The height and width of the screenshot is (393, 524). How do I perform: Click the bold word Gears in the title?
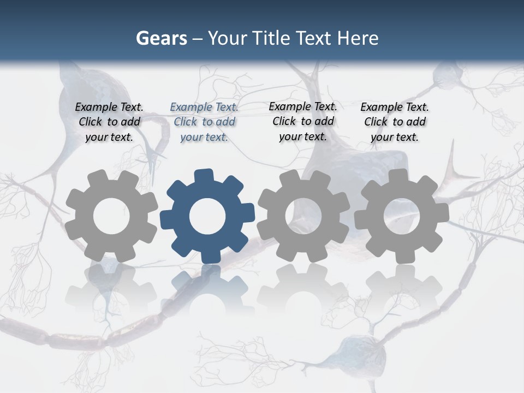[x=161, y=38]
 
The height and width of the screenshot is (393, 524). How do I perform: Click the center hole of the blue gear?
[x=207, y=216]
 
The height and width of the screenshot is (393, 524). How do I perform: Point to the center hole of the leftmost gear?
[x=111, y=216]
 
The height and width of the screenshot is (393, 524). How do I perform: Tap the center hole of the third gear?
[x=303, y=216]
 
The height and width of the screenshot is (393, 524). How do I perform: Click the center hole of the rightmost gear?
[x=402, y=216]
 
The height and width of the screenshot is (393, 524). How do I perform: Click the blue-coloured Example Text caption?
[x=204, y=122]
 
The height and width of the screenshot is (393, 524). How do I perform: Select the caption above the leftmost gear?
[x=109, y=122]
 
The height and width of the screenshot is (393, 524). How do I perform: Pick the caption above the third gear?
[x=303, y=121]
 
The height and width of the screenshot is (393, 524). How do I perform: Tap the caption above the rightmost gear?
[x=395, y=122]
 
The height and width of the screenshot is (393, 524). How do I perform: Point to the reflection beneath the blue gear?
[x=207, y=289]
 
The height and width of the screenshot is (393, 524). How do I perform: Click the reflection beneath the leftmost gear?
[x=111, y=289]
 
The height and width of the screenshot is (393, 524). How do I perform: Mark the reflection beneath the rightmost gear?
[x=402, y=289]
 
